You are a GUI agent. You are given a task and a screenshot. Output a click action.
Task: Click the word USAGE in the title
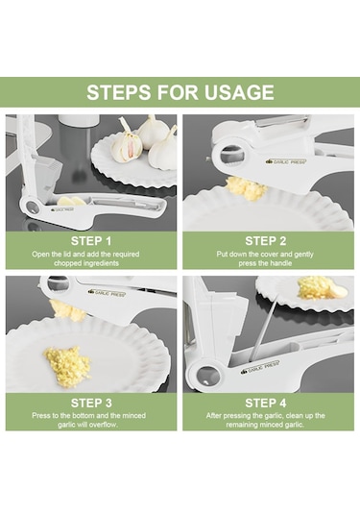click(x=239, y=92)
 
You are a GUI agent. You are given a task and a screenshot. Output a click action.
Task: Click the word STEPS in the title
click(x=119, y=92)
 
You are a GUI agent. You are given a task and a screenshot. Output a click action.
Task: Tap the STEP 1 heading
click(x=91, y=241)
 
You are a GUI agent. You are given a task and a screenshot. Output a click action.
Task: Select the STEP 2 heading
click(x=266, y=241)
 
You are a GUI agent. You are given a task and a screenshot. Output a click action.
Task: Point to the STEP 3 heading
click(x=91, y=403)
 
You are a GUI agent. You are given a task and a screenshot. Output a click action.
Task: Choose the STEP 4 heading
click(x=266, y=403)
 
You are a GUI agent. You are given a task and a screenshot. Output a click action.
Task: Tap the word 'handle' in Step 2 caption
click(x=280, y=263)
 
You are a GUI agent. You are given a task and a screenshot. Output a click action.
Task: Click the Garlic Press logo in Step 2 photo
click(x=286, y=161)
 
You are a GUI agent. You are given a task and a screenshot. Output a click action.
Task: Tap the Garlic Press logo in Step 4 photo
click(x=260, y=367)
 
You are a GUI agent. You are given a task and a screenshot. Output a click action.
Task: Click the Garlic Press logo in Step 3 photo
click(x=108, y=293)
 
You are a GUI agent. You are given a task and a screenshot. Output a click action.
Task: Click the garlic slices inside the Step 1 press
click(x=71, y=201)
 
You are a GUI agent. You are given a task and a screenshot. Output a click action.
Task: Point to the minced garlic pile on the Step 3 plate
click(x=67, y=365)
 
